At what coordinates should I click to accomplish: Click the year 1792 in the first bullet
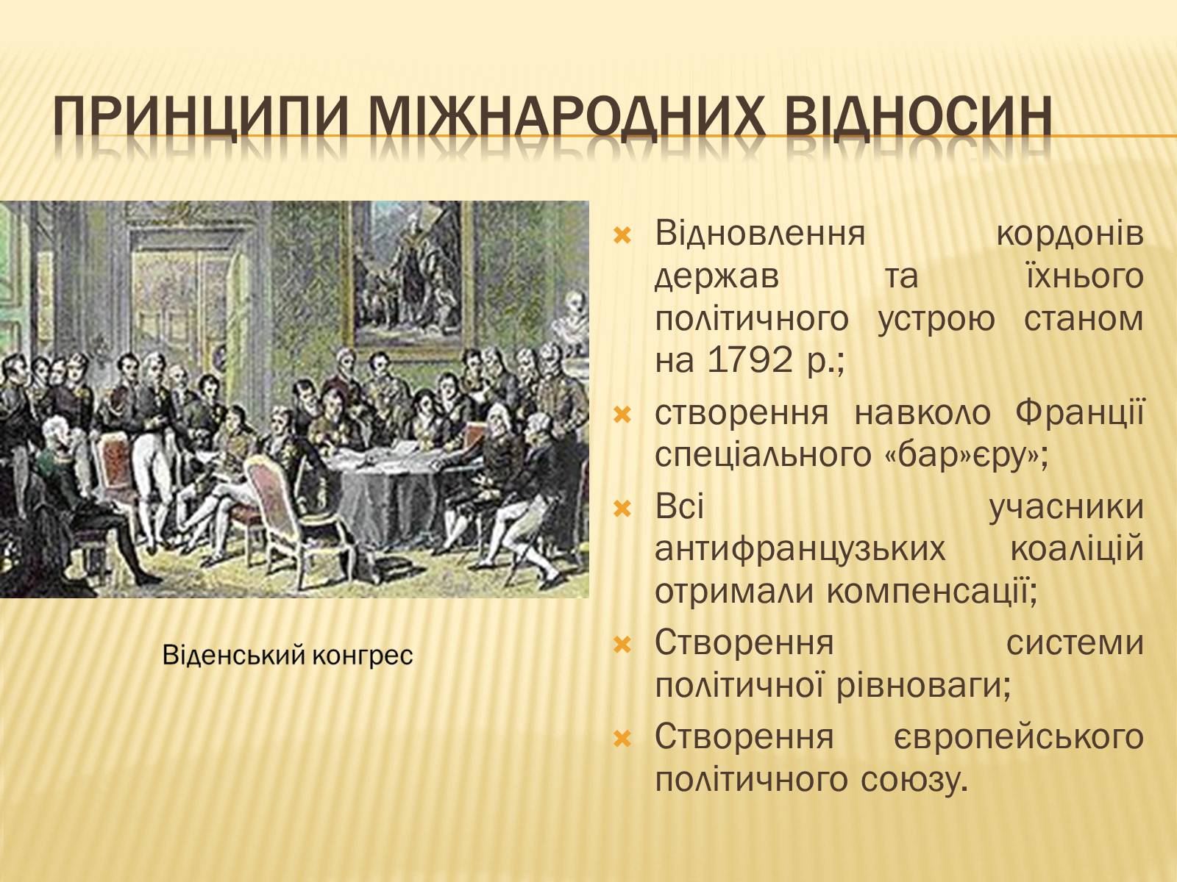(x=750, y=359)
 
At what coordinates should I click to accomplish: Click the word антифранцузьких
(x=800, y=549)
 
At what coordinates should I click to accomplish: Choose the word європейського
(x=1018, y=737)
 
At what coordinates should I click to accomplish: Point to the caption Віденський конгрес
(x=288, y=655)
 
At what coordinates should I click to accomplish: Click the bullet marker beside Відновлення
(x=622, y=235)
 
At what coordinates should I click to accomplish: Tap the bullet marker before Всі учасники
(x=622, y=507)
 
